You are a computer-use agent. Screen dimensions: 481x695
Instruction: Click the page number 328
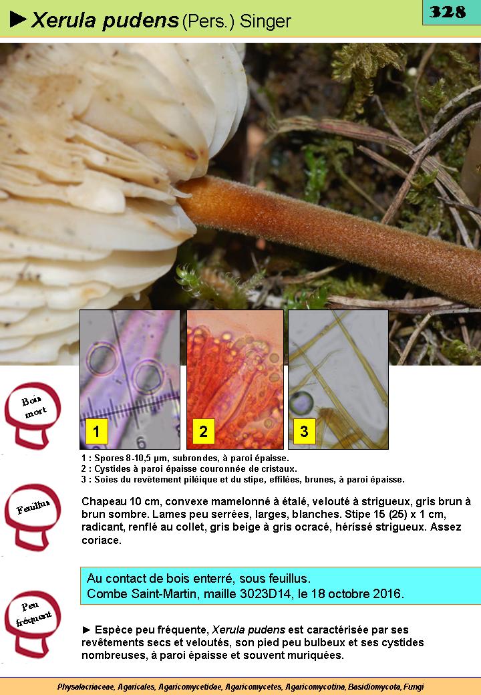[x=448, y=11]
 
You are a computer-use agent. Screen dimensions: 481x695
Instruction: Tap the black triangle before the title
[x=18, y=19]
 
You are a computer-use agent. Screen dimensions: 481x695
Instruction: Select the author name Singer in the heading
[x=265, y=21]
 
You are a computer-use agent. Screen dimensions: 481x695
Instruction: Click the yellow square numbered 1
[x=96, y=431]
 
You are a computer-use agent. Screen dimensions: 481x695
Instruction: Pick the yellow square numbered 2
[x=203, y=431]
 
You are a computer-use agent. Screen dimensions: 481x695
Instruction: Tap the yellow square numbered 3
[x=304, y=431]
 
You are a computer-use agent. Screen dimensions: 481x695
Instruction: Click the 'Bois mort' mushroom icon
[x=33, y=415]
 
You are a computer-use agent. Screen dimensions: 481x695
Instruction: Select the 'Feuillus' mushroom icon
[x=33, y=517]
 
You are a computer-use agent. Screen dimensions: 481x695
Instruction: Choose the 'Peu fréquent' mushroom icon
[x=33, y=623]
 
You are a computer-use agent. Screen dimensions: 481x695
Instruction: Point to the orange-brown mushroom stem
[x=328, y=235]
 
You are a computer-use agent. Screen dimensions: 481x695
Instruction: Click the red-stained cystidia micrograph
[x=235, y=380]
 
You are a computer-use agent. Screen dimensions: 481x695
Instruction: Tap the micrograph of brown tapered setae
[x=339, y=380]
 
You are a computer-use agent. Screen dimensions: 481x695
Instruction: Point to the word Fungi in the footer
[x=414, y=686]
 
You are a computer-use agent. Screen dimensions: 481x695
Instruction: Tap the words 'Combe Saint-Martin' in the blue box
[x=142, y=593]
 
